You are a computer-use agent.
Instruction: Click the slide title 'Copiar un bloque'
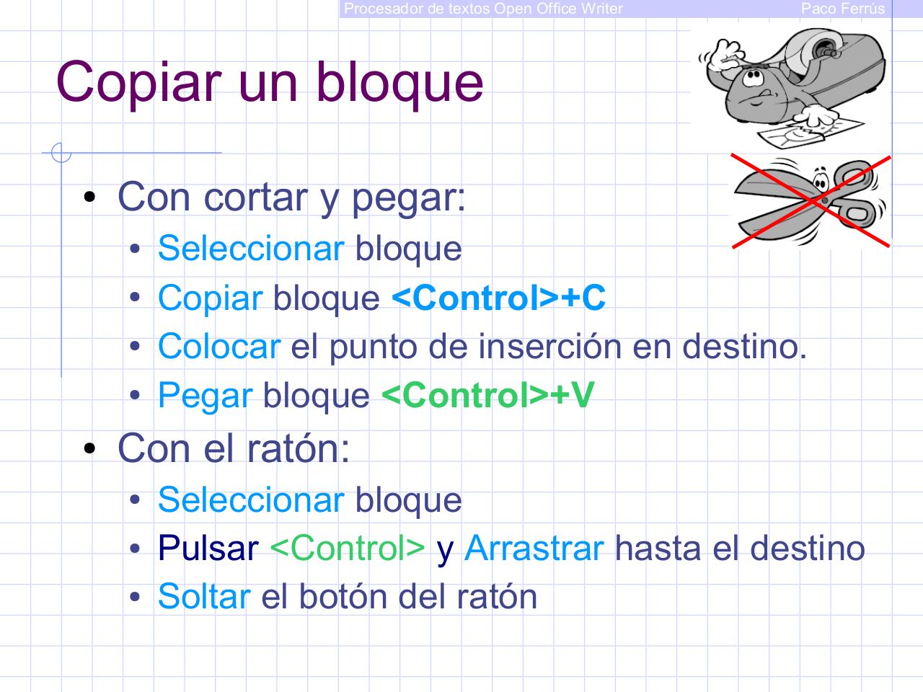(x=270, y=81)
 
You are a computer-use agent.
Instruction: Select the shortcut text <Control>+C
(x=498, y=298)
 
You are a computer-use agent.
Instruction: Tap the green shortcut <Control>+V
(x=487, y=395)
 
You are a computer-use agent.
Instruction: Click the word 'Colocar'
(x=218, y=347)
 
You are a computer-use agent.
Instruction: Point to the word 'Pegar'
(x=205, y=396)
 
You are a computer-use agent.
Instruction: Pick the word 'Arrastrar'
(x=534, y=549)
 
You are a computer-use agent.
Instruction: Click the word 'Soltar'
(x=203, y=596)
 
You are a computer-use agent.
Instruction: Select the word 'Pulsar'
(x=208, y=549)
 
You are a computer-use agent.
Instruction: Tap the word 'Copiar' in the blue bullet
(x=210, y=298)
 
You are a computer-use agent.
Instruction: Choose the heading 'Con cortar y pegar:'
(x=291, y=197)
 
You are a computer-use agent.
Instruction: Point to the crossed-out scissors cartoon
(x=811, y=201)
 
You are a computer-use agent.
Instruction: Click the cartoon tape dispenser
(x=791, y=84)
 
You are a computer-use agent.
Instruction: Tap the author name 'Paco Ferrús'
(x=842, y=9)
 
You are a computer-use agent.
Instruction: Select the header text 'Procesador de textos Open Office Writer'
(x=483, y=9)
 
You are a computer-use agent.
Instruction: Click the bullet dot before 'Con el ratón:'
(x=89, y=449)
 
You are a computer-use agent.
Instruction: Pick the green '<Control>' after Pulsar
(x=347, y=549)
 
